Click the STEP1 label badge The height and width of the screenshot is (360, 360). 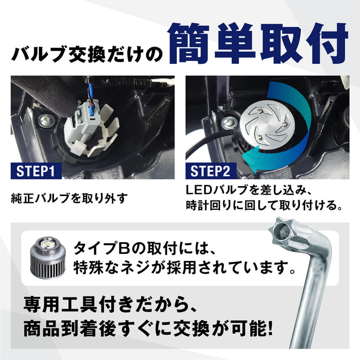click(x=36, y=171)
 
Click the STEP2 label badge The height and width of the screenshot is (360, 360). click(x=211, y=171)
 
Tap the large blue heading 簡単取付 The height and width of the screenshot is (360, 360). click(x=258, y=44)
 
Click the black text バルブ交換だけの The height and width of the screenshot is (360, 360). click(x=87, y=54)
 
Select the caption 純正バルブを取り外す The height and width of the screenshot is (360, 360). click(x=69, y=198)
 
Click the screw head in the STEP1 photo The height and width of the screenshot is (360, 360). click(x=47, y=120)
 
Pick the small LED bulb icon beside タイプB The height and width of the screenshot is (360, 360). click(x=48, y=256)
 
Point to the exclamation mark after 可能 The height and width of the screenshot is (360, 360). click(x=270, y=328)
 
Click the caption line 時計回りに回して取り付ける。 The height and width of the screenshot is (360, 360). click(x=264, y=205)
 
